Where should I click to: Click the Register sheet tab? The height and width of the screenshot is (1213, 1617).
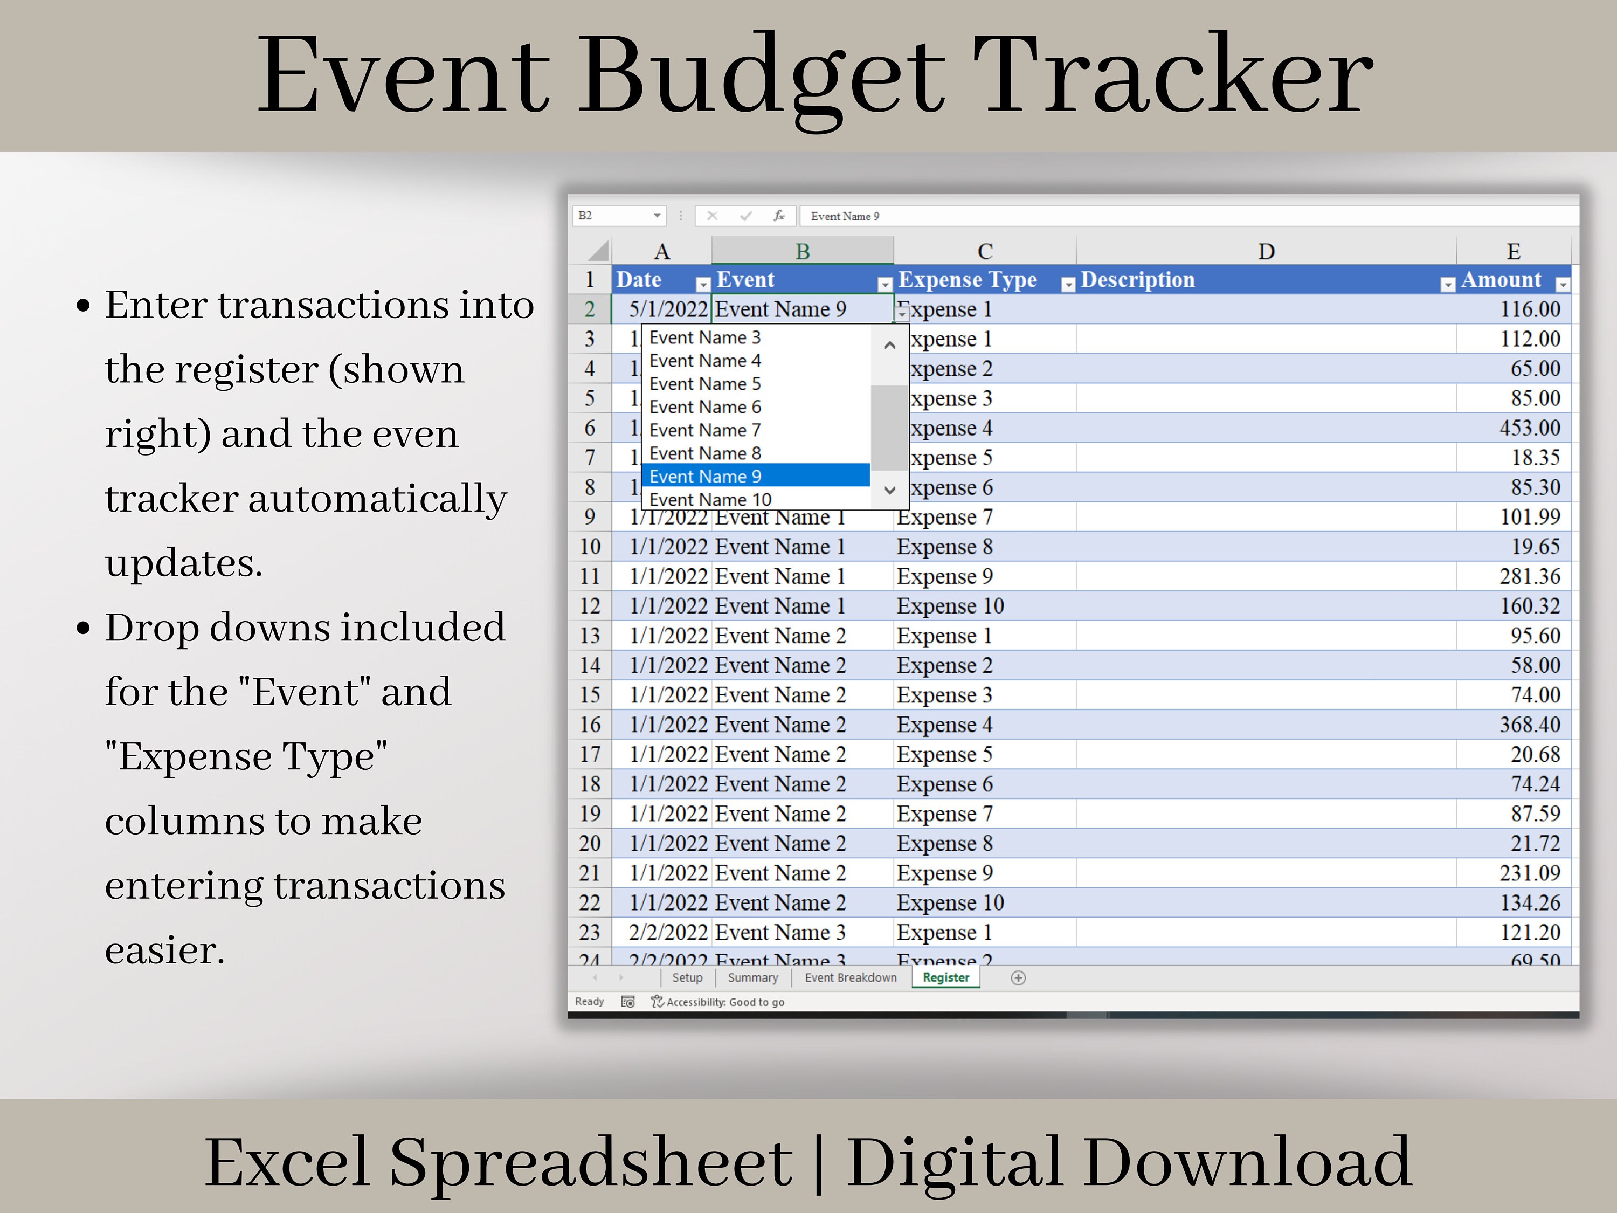pos(945,977)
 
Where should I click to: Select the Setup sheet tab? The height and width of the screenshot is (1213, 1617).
pos(687,977)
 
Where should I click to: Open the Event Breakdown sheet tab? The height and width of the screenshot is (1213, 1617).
pos(850,977)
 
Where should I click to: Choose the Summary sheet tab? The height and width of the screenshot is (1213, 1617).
pos(752,977)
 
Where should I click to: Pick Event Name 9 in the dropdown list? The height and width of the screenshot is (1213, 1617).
pos(755,477)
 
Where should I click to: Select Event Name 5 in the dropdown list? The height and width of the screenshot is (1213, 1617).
pos(755,384)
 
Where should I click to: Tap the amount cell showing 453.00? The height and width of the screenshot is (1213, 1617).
pos(1529,428)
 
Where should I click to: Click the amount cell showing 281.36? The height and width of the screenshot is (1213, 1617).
pos(1529,576)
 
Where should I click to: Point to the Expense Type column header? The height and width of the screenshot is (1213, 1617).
pos(967,280)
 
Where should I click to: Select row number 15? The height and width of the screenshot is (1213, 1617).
pos(590,694)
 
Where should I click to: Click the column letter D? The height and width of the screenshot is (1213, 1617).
pos(1266,252)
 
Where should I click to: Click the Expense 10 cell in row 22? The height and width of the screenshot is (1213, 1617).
pos(950,903)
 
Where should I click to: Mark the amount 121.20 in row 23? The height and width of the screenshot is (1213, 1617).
pos(1529,932)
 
